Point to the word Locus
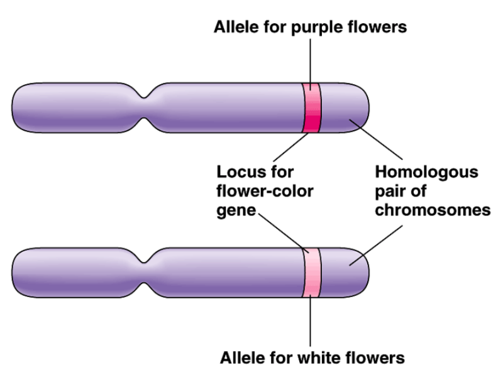(238, 171)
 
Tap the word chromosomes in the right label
(432, 209)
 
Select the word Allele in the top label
(236, 27)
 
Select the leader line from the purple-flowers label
(311, 60)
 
